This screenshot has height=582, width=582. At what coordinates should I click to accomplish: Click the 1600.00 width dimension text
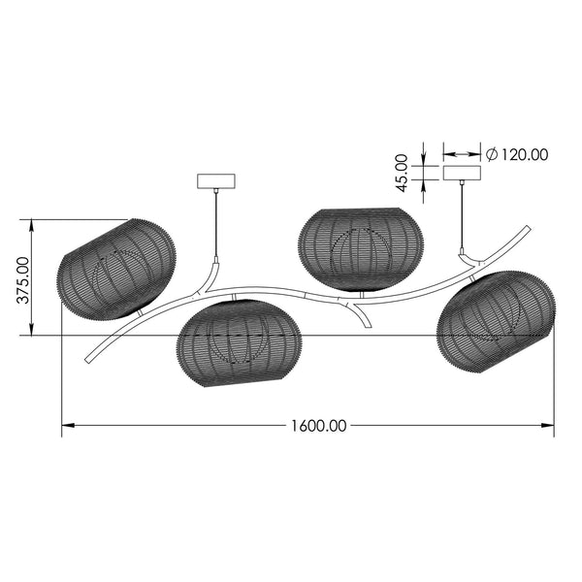click(x=318, y=426)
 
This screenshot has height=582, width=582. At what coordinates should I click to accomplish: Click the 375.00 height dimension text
click(x=23, y=280)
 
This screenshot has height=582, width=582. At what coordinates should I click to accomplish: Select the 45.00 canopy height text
click(x=402, y=174)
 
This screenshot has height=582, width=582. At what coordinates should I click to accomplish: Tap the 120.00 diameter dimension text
click(x=524, y=155)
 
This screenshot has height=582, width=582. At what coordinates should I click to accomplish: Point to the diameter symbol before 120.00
click(x=492, y=154)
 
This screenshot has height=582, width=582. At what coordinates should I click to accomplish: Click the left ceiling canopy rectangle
click(x=216, y=181)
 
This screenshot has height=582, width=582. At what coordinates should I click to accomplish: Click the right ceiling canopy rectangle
click(x=462, y=173)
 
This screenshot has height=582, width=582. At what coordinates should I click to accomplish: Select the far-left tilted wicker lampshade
click(x=116, y=269)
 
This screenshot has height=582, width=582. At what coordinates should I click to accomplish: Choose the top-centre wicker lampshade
click(x=361, y=249)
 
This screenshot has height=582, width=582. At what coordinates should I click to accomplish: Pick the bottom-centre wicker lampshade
click(x=239, y=343)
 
